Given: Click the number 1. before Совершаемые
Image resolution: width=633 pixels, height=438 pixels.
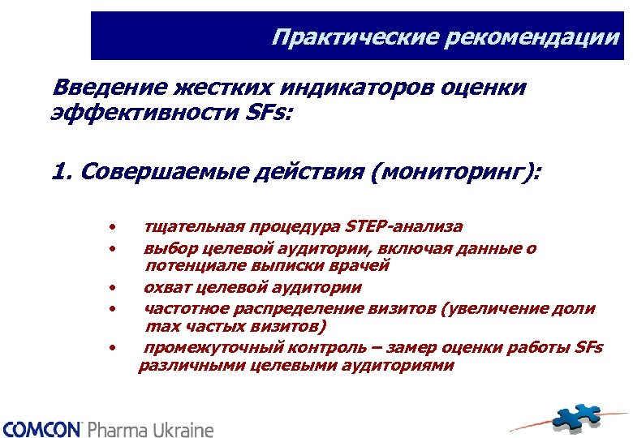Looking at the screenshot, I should click(61, 173).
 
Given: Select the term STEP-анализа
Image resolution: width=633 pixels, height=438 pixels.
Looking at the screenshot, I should click(404, 226).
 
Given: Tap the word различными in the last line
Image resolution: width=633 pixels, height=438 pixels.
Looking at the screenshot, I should click(179, 366).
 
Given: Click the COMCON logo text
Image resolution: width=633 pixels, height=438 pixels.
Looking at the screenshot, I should click(41, 429).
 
